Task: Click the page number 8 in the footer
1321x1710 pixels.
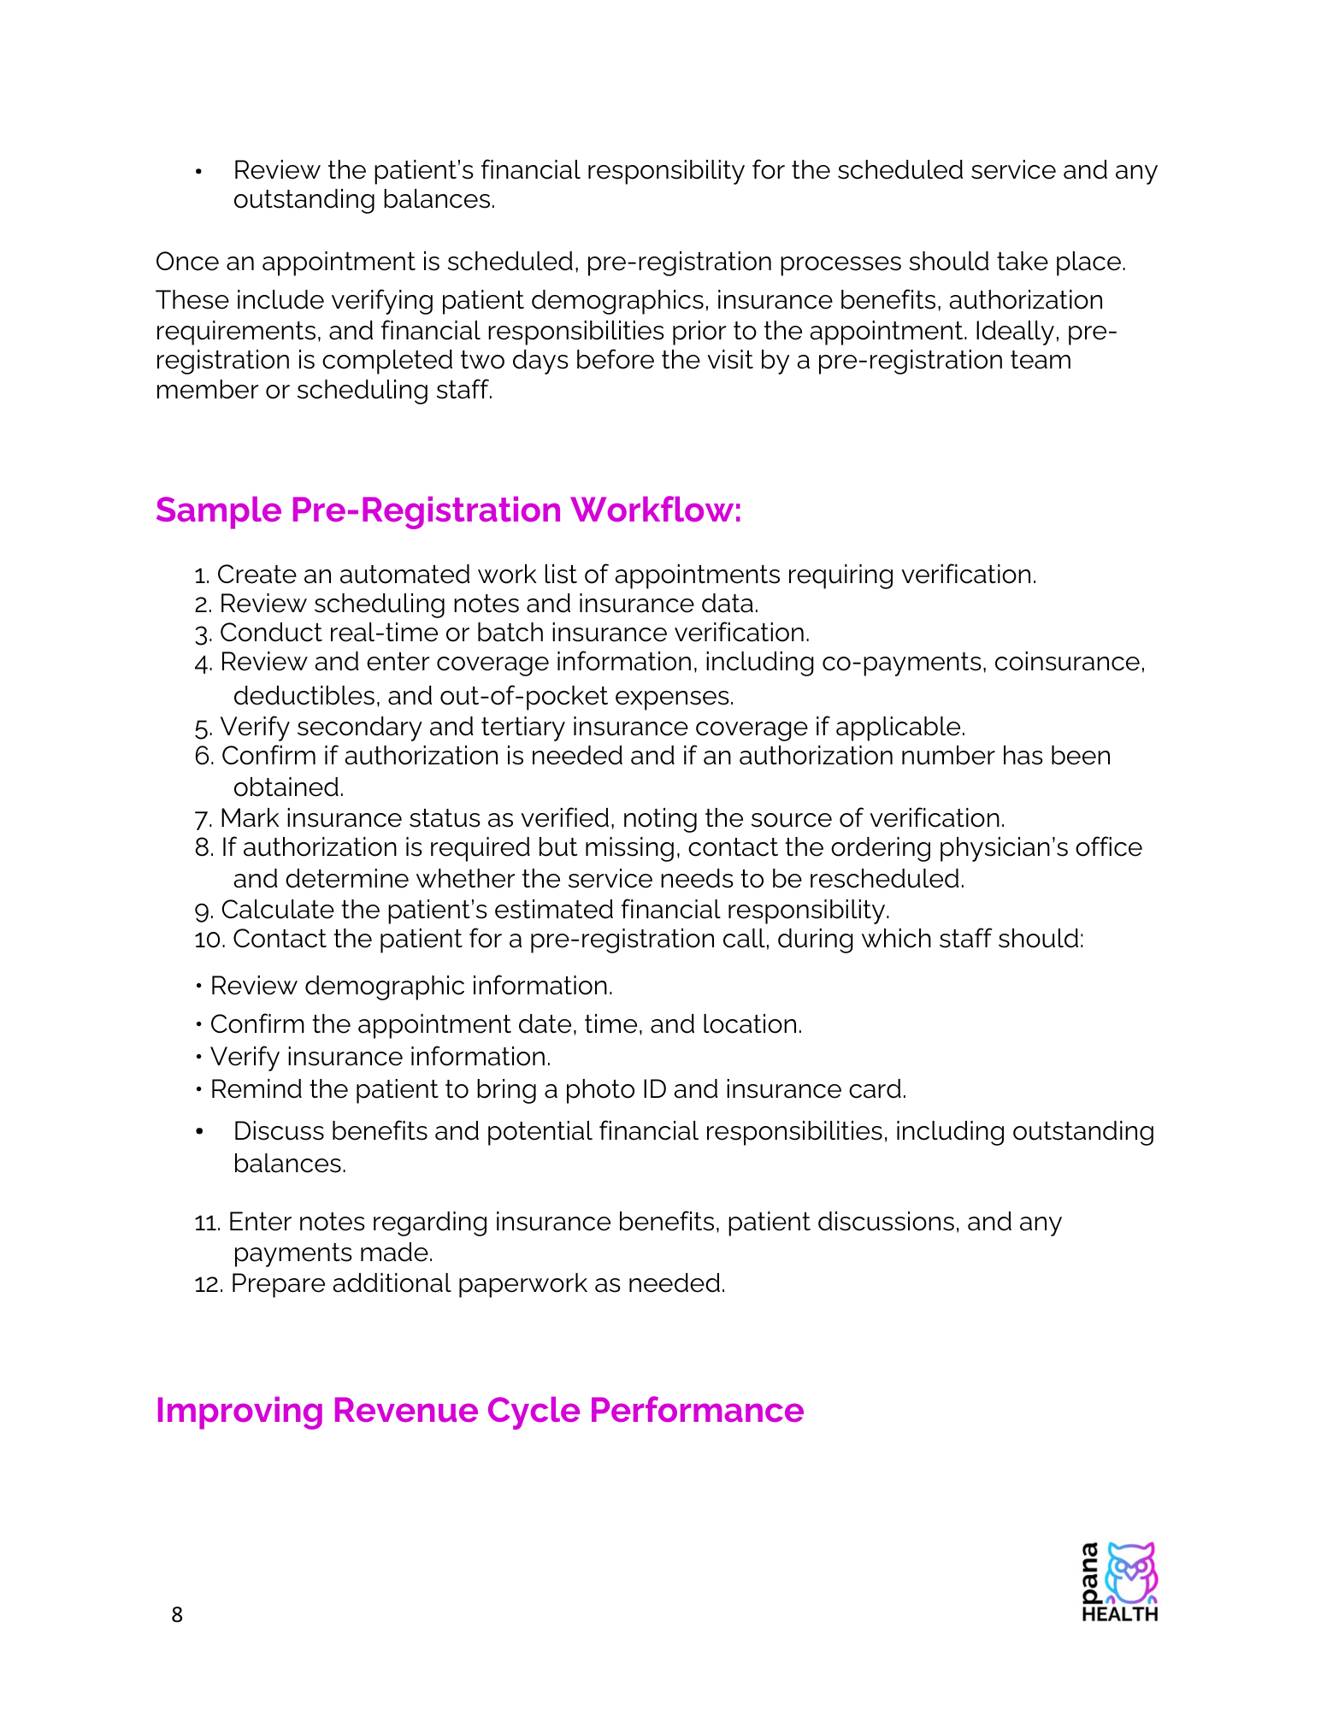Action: tap(177, 1614)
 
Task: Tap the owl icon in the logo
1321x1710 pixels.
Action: tap(1131, 1572)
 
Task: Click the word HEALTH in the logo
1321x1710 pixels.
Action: tap(1119, 1614)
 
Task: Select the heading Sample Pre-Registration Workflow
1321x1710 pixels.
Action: tap(448, 510)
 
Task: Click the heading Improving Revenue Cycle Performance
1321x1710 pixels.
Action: tap(479, 1411)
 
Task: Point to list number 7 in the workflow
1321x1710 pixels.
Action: tap(203, 819)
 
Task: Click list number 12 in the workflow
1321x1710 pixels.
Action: tap(209, 1284)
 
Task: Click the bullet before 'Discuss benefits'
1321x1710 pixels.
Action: tap(199, 1131)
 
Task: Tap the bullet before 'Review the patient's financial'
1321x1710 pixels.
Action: tap(199, 171)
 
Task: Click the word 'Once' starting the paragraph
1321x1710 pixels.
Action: tap(187, 262)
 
